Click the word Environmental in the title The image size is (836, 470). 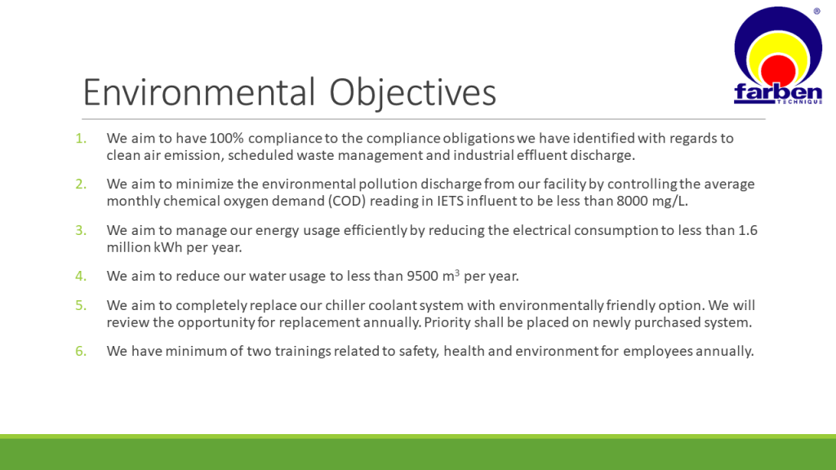click(199, 92)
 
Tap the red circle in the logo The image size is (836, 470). click(778, 70)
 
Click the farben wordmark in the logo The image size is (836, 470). click(778, 93)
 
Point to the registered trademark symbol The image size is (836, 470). click(816, 11)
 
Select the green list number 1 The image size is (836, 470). click(81, 139)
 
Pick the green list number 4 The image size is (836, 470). click(81, 276)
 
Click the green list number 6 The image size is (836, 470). click(81, 351)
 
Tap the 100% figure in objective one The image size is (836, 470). click(227, 138)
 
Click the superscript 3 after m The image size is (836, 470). click(457, 273)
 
